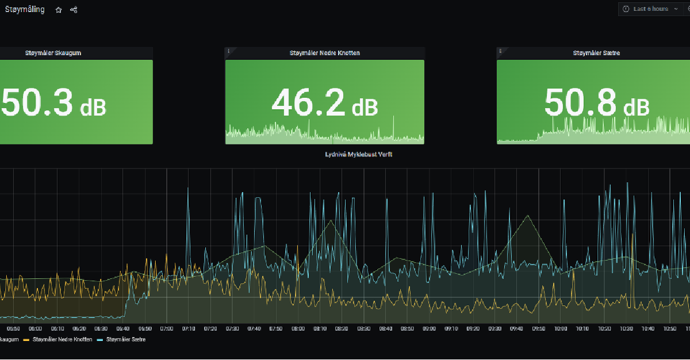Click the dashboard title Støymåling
pyautogui.click(x=25, y=10)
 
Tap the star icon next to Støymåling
pyautogui.click(x=59, y=10)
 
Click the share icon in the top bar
pyautogui.click(x=74, y=10)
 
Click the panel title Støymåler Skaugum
pyautogui.click(x=53, y=53)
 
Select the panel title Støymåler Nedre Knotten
pyautogui.click(x=325, y=53)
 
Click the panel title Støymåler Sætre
pyautogui.click(x=596, y=53)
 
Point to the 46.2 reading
pyautogui.click(x=308, y=104)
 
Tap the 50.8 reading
pyautogui.click(x=581, y=104)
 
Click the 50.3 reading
pyautogui.click(x=37, y=104)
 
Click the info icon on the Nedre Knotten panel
pyautogui.click(x=229, y=51)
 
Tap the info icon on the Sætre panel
pyautogui.click(x=500, y=51)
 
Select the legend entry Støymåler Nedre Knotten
pyautogui.click(x=62, y=339)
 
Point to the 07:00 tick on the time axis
pyautogui.click(x=166, y=329)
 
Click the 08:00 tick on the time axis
pyautogui.click(x=298, y=329)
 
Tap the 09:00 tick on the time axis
pyautogui.click(x=429, y=329)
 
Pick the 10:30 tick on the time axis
pyautogui.click(x=626, y=329)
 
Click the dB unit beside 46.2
pyautogui.click(x=365, y=107)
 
